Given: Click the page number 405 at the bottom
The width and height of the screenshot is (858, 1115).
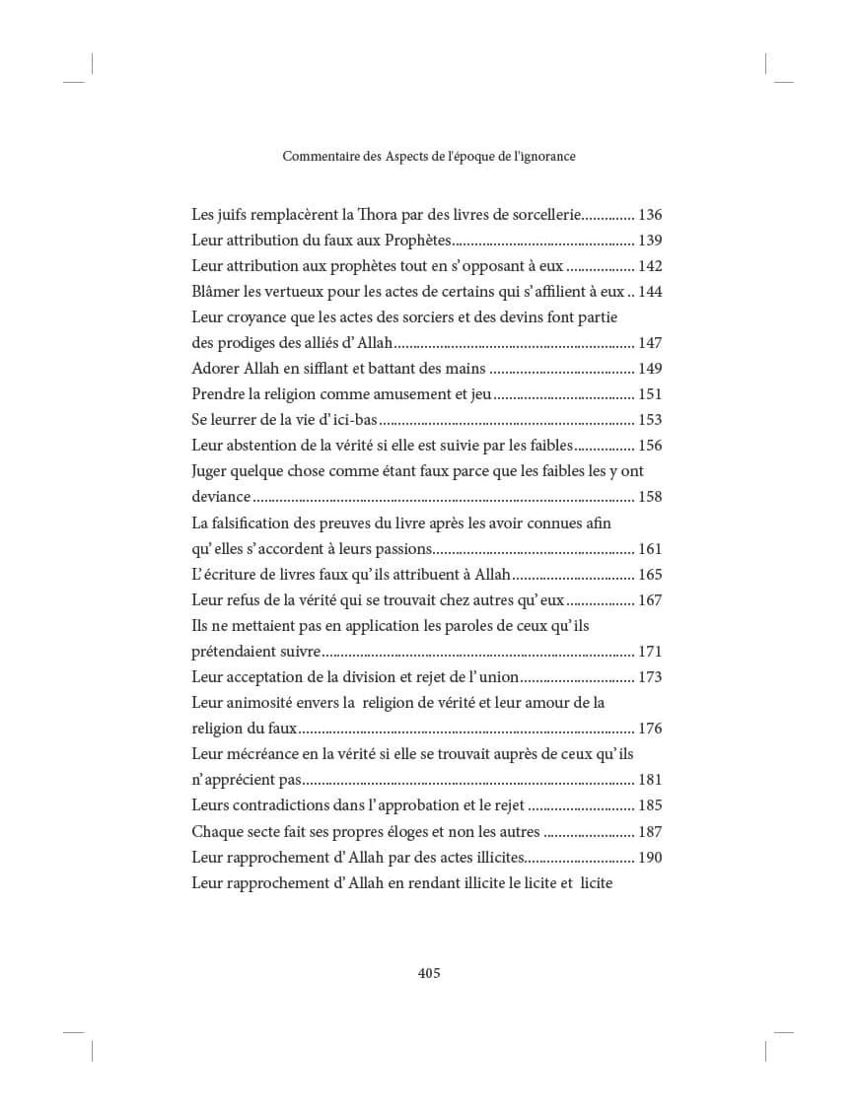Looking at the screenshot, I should pos(429,973).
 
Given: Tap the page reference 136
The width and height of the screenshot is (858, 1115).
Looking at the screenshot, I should pos(650,215).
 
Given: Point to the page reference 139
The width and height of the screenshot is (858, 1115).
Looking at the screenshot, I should pos(650,241).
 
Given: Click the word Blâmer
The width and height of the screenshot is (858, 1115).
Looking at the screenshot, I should pos(216,292).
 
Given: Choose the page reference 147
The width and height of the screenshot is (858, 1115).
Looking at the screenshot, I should pos(650,343).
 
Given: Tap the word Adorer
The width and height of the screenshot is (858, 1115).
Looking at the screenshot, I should pos(216,369).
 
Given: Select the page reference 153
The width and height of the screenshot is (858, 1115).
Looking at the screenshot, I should pos(650,420).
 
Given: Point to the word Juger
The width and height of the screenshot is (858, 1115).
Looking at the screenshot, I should pos(211,471).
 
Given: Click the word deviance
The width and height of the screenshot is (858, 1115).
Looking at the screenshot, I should pos(221,497).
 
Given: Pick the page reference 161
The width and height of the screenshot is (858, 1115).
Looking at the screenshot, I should pos(650,549).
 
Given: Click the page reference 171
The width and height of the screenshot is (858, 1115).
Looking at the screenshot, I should pos(650,652).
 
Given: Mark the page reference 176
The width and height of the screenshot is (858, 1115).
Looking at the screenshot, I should pos(650,729).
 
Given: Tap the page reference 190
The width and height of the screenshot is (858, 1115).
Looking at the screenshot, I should pos(650,857).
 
